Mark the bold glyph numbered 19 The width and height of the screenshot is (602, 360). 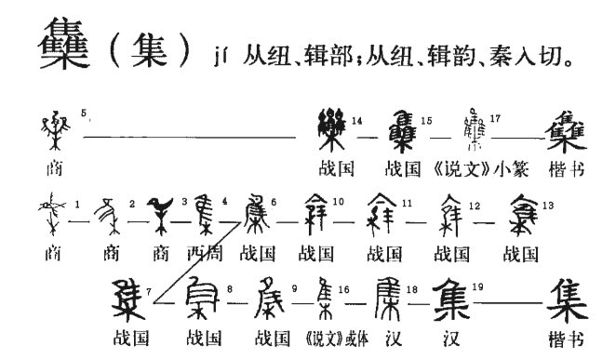point(459,296)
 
